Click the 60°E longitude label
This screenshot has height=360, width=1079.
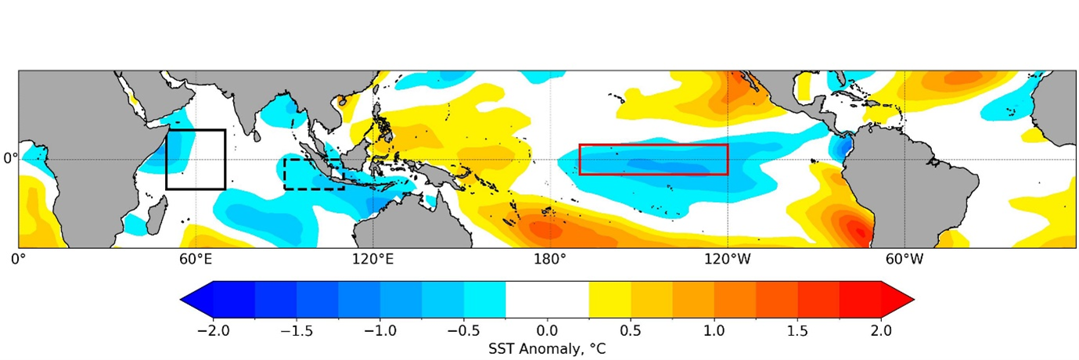pos(196,258)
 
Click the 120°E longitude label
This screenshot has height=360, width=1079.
pos(372,258)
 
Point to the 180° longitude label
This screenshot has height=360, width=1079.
pos(549,258)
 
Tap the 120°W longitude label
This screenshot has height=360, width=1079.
pos(727,258)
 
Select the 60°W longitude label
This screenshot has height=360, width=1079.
pos(905,258)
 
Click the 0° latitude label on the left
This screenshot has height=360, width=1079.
pos(9,158)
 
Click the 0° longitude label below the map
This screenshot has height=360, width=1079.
pos(18,258)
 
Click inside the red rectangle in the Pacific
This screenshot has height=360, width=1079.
pos(653,159)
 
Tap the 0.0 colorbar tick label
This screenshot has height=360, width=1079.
pos(548,330)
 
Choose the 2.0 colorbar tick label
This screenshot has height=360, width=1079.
pos(882,330)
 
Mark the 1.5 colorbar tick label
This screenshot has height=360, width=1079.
pos(798,330)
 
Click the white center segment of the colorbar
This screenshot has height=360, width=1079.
pos(548,300)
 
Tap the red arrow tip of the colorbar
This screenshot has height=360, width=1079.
pos(900,300)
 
